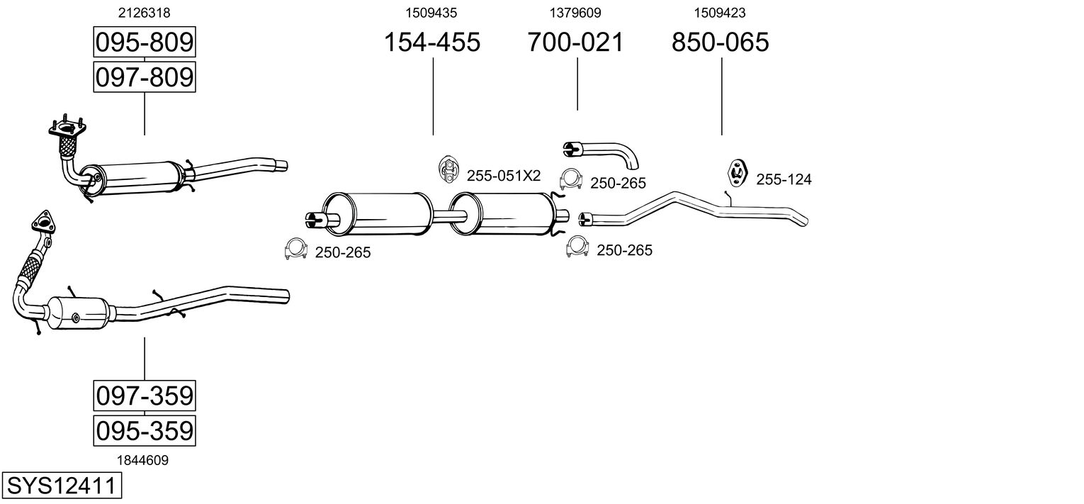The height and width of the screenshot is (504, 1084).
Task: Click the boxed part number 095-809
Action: click(x=145, y=43)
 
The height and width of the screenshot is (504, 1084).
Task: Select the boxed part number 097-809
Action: click(x=145, y=77)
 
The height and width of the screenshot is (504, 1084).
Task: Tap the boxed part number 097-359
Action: click(x=145, y=395)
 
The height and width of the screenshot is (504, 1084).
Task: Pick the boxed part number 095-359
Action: click(x=145, y=430)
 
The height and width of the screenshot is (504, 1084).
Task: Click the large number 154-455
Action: click(x=432, y=43)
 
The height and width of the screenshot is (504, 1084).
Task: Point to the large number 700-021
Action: click(x=576, y=43)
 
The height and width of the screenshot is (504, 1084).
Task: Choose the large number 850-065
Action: click(x=721, y=43)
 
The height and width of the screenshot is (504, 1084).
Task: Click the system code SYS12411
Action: click(x=61, y=486)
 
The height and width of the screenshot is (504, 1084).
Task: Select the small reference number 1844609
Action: click(x=143, y=460)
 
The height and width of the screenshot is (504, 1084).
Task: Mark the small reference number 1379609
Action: click(x=575, y=12)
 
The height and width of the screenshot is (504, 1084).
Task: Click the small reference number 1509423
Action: click(x=720, y=12)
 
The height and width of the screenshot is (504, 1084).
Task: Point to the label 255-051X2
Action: click(x=503, y=176)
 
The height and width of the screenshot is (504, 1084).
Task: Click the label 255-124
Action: click(x=784, y=180)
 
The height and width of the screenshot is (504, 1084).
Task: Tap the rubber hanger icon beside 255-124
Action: click(x=738, y=173)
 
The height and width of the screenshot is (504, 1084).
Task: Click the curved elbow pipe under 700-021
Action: click(x=602, y=151)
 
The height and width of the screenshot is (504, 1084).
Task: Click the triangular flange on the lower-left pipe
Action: click(x=43, y=222)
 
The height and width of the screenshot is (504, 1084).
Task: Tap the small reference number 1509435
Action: click(x=431, y=12)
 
